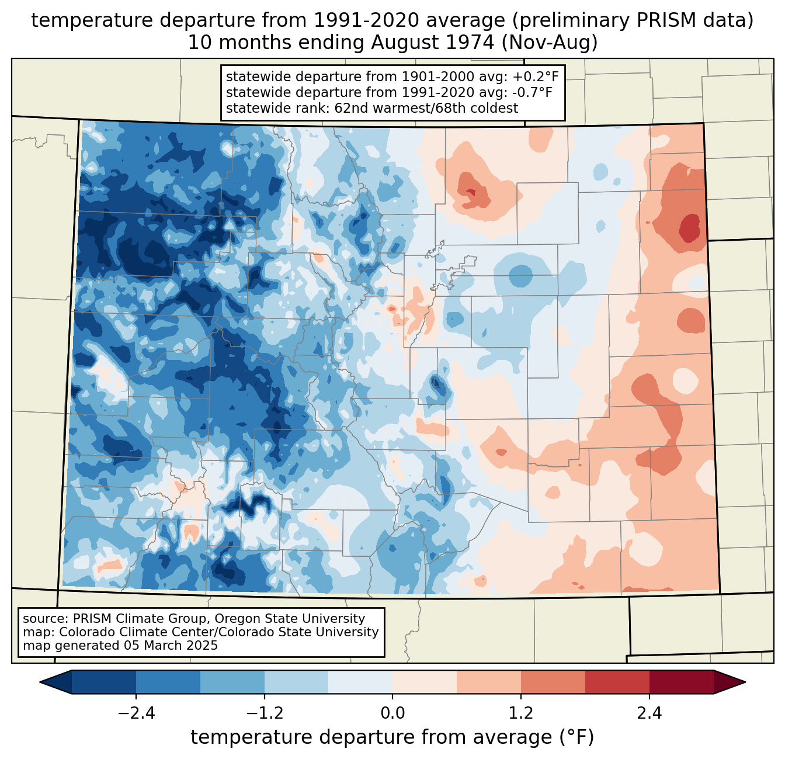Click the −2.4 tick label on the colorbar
pyautogui.click(x=136, y=713)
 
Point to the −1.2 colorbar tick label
pyautogui.click(x=264, y=713)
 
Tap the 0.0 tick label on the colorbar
pyautogui.click(x=392, y=713)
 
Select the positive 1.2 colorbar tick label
pyautogui.click(x=521, y=713)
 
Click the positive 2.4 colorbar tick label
pyautogui.click(x=649, y=713)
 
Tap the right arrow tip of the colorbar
pyautogui.click(x=744, y=682)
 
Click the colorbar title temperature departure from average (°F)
pyautogui.click(x=392, y=737)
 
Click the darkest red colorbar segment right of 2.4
pyautogui.click(x=681, y=682)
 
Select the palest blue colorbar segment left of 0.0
pyautogui.click(x=360, y=682)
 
